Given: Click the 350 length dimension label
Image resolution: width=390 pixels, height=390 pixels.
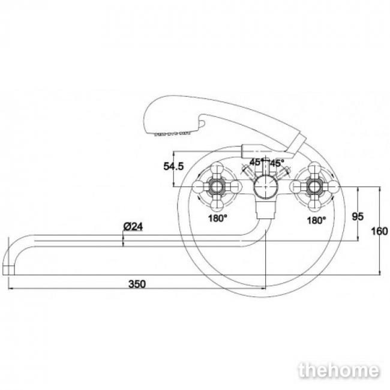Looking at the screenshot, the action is [x=137, y=284].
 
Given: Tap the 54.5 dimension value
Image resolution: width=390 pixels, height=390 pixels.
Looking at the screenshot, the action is [x=173, y=166].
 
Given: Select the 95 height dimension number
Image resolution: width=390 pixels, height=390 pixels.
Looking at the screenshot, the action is [x=358, y=217].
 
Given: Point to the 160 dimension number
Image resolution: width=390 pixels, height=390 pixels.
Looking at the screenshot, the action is [x=379, y=232].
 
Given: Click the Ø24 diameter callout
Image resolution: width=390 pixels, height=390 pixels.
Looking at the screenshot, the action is [x=133, y=227].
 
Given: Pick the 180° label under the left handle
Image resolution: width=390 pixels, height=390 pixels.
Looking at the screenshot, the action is [x=218, y=218].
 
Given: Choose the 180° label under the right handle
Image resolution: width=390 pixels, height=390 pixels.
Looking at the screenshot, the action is [x=316, y=220].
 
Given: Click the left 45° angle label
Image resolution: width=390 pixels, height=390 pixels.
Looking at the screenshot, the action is [x=256, y=162].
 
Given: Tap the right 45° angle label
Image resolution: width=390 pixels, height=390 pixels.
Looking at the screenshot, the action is [x=277, y=163].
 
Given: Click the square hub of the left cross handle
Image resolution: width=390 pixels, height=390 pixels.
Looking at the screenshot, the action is [x=217, y=186].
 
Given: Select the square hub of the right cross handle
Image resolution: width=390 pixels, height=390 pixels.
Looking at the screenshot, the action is [x=314, y=186].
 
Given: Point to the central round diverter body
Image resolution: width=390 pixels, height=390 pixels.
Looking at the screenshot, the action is [x=265, y=186].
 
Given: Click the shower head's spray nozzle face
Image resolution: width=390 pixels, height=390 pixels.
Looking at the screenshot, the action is [x=172, y=133].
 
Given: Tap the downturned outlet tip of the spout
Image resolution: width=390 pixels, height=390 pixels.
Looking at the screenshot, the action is [x=9, y=270].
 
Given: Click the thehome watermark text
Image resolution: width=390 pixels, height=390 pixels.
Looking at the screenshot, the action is [x=339, y=371].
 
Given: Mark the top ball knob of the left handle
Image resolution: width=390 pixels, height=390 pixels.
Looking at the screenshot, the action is [x=217, y=168].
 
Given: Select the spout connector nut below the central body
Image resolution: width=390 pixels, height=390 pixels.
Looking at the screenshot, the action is [x=266, y=209].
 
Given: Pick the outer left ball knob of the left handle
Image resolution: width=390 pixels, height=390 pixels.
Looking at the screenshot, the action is [x=199, y=187].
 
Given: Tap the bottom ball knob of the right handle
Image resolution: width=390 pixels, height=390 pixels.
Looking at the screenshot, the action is [x=314, y=205].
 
